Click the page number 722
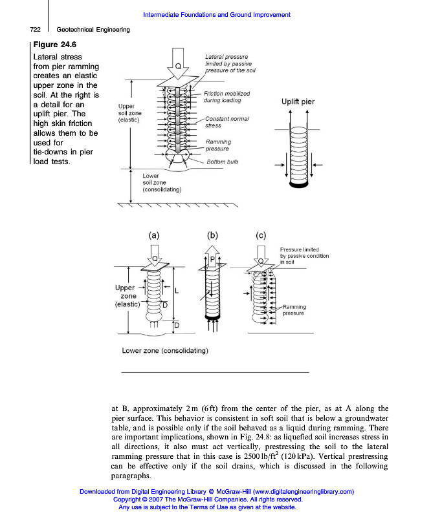pos(36,29)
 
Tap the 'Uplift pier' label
pos(298,101)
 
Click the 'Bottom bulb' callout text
pos(222,162)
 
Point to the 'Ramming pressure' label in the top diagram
pos(218,145)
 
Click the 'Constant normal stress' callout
pos(227,122)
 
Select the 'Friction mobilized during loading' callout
pos(227,97)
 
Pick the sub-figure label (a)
pos(154,236)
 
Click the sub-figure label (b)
pos(212,236)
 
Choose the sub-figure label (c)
pos(261,236)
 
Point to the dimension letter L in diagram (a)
pos(176,291)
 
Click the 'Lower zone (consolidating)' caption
pos(164,351)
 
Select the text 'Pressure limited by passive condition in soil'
pos(304,256)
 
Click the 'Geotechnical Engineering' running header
pos(93,29)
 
